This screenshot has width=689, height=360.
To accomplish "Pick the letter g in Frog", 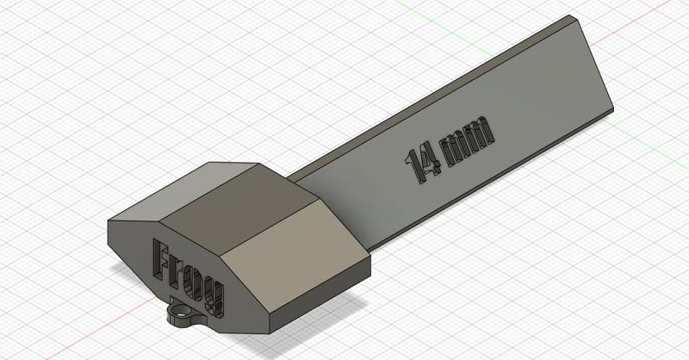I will [x=214, y=295].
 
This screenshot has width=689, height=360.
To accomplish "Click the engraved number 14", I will [x=421, y=160].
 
